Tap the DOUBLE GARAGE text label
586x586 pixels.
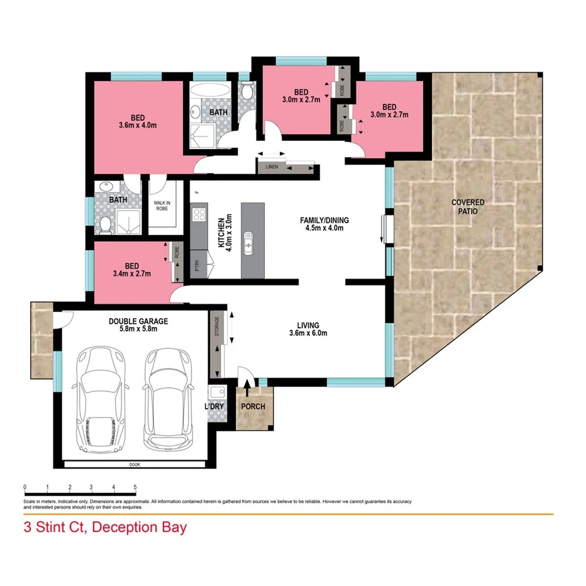[x=138, y=321]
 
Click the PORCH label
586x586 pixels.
[x=253, y=406]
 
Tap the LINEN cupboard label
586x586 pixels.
[x=271, y=167]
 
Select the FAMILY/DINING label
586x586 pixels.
[x=324, y=220]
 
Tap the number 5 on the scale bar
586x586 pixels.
[x=135, y=487]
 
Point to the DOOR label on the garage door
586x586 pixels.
[x=135, y=465]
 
